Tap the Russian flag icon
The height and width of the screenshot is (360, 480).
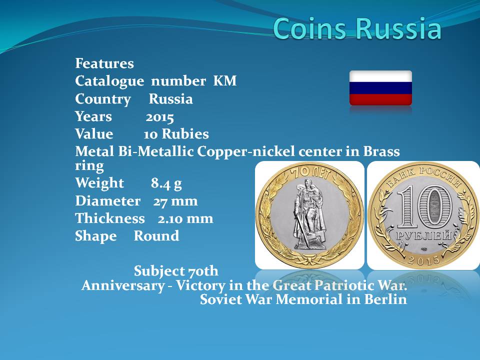tap(380, 88)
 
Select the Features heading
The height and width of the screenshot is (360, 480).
tap(104, 63)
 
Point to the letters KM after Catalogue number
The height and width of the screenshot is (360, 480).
tap(224, 81)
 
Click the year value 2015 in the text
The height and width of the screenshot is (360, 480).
tap(159, 117)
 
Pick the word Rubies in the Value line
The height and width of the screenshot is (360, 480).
tap(185, 134)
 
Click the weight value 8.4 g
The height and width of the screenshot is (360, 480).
tap(166, 183)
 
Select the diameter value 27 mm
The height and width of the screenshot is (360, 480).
tap(175, 201)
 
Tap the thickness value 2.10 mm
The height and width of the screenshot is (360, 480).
tap(185, 218)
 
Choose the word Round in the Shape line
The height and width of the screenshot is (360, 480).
tap(156, 235)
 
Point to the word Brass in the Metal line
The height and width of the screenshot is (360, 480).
tap(381, 151)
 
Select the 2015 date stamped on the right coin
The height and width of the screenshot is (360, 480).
tap(424, 260)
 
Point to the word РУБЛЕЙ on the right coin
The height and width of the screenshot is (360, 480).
tap(424, 235)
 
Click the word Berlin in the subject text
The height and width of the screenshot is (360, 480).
tap(385, 299)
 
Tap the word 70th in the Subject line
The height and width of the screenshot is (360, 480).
tap(203, 271)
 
